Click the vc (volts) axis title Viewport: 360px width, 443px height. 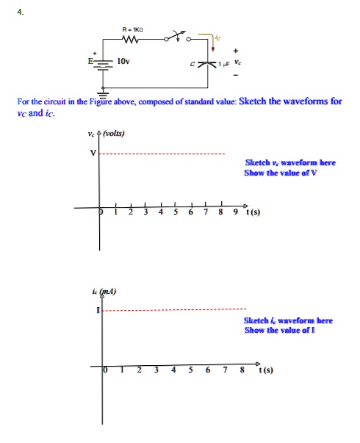coord(106,134)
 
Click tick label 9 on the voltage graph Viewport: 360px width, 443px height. coord(235,213)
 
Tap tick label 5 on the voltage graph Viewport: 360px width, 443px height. coord(175,213)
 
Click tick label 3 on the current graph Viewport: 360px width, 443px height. coord(155,371)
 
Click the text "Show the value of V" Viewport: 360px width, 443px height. coord(290,173)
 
